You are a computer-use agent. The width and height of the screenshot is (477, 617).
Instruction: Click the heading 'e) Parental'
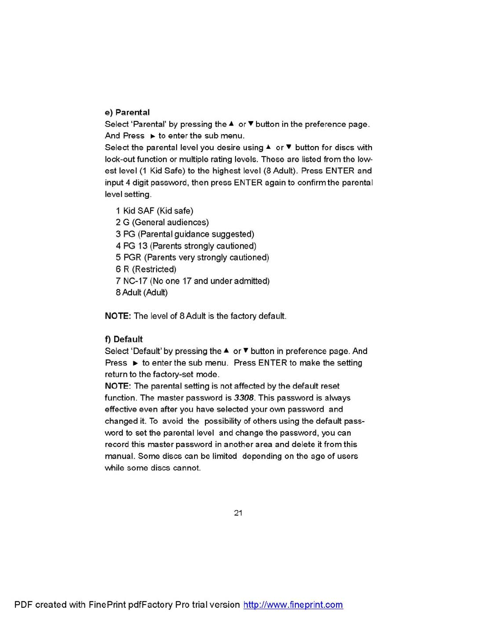pyautogui.click(x=127, y=112)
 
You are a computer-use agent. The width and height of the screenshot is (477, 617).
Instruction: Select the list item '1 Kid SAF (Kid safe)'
pyautogui.click(x=154, y=211)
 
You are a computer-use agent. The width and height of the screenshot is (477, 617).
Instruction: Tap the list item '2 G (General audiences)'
pyautogui.click(x=162, y=222)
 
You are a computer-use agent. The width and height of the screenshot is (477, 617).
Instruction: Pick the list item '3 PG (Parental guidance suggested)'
pyautogui.click(x=185, y=234)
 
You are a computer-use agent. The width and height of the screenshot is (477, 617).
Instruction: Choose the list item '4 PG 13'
pyautogui.click(x=186, y=246)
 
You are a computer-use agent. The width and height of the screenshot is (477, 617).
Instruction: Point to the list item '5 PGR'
pyautogui.click(x=192, y=258)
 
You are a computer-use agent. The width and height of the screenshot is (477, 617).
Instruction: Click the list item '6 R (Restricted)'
pyautogui.click(x=146, y=269)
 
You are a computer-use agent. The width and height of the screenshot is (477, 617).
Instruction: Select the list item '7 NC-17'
pyautogui.click(x=192, y=281)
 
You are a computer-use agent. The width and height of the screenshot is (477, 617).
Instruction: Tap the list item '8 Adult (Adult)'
pyautogui.click(x=142, y=293)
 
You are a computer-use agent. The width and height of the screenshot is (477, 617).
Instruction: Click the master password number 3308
pyautogui.click(x=244, y=398)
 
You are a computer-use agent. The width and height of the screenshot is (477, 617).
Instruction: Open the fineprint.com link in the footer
pyautogui.click(x=293, y=605)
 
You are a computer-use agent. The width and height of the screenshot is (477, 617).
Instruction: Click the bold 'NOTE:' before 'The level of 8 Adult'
pyautogui.click(x=118, y=316)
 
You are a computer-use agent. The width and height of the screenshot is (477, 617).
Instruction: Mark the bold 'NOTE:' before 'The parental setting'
pyautogui.click(x=118, y=386)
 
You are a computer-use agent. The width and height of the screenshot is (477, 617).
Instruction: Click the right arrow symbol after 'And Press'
pyautogui.click(x=152, y=136)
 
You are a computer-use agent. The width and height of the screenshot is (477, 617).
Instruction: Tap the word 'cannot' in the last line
pyautogui.click(x=186, y=468)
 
